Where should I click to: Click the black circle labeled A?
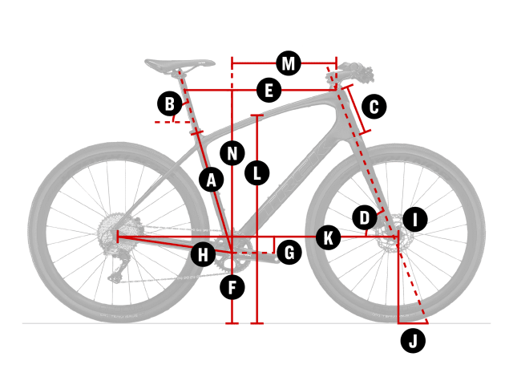[212, 180]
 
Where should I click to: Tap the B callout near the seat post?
[170, 103]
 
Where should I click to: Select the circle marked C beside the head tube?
[374, 107]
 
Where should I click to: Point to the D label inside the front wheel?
[365, 217]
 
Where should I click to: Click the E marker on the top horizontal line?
[269, 90]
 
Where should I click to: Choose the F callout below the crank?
[232, 287]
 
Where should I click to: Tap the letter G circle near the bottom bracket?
[289, 253]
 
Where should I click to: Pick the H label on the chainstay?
[203, 254]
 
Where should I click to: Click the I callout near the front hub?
[415, 219]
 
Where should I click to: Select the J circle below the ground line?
[413, 341]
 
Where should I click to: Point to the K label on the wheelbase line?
[329, 237]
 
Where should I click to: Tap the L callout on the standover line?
[257, 173]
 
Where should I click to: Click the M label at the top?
[289, 63]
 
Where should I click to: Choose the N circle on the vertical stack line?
[232, 153]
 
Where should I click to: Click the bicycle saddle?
[180, 64]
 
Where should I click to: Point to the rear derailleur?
[119, 265]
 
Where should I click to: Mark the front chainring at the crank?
[233, 253]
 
